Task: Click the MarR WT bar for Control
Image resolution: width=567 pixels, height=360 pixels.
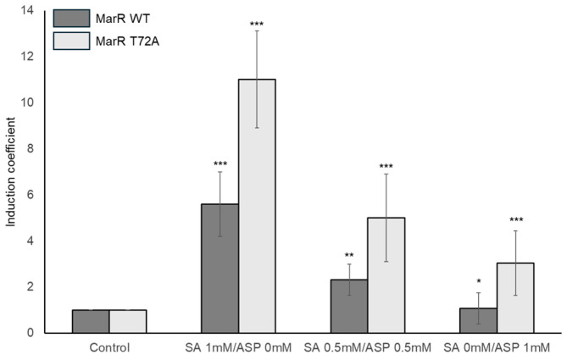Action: click(90, 321)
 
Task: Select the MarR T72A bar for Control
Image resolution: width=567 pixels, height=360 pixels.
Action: click(127, 321)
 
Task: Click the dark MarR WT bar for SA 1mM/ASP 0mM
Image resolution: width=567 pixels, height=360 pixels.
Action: click(220, 268)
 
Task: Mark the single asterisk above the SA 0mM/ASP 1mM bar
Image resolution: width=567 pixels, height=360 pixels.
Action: click(477, 279)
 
